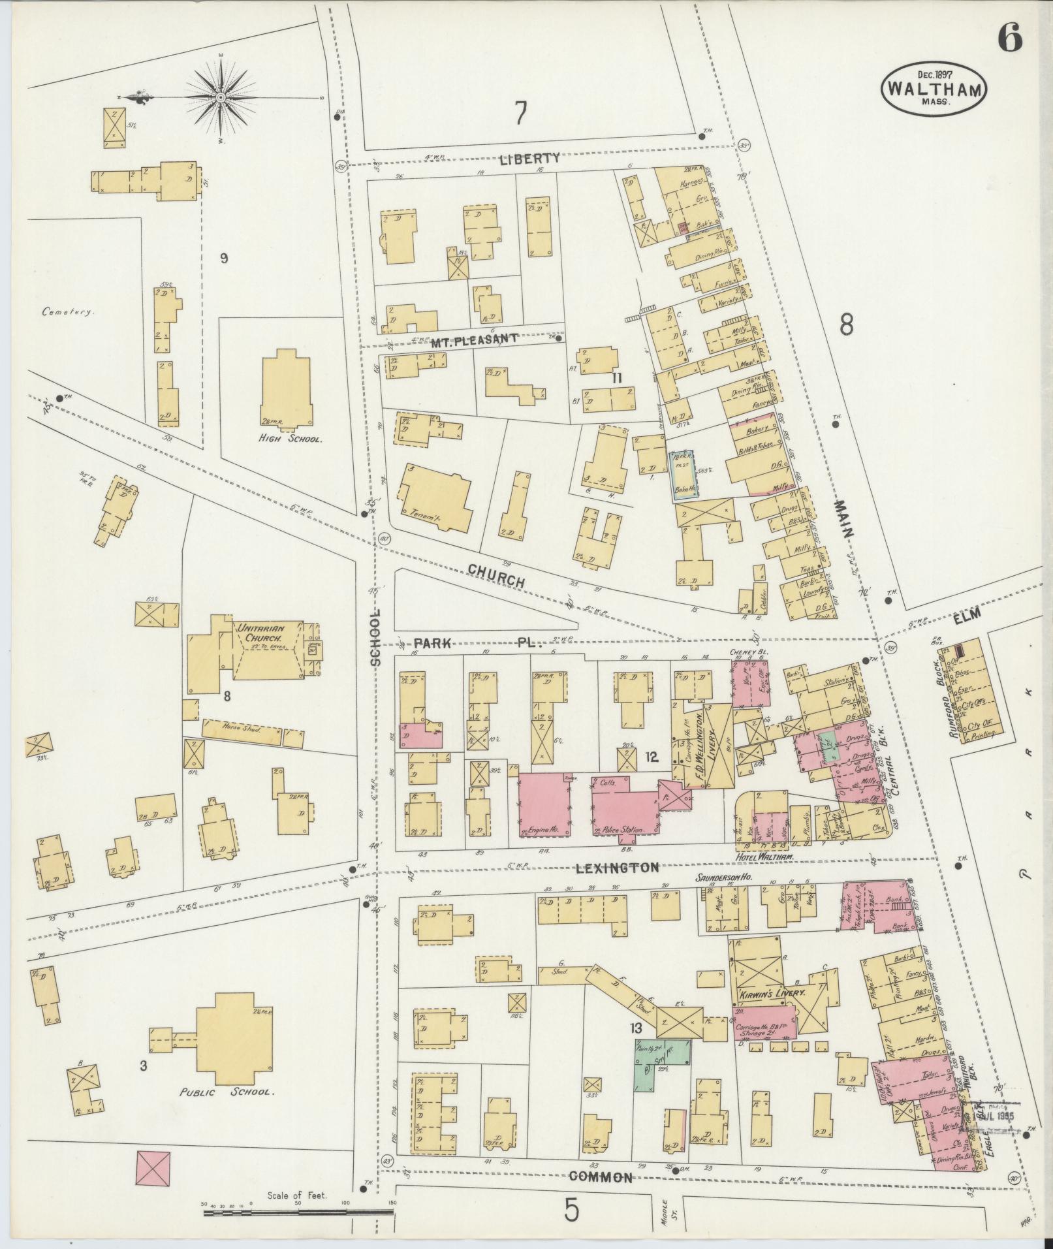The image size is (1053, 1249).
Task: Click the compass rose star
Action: tap(221, 97)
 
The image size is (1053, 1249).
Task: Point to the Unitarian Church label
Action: tap(259, 632)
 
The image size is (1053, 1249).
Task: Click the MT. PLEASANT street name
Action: tap(474, 340)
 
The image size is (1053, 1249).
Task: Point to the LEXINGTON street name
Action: tap(617, 868)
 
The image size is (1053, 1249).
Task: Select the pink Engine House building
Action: tap(544, 805)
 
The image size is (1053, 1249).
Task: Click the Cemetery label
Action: tap(68, 312)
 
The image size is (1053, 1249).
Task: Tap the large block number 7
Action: tap(520, 114)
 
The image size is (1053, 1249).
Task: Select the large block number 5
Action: tap(571, 1212)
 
